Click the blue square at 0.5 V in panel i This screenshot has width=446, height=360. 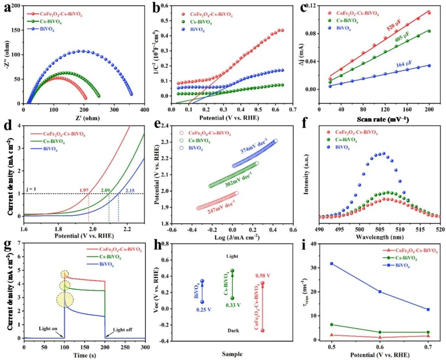coord(331,263)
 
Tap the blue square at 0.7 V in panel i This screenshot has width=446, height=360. coord(428,309)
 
